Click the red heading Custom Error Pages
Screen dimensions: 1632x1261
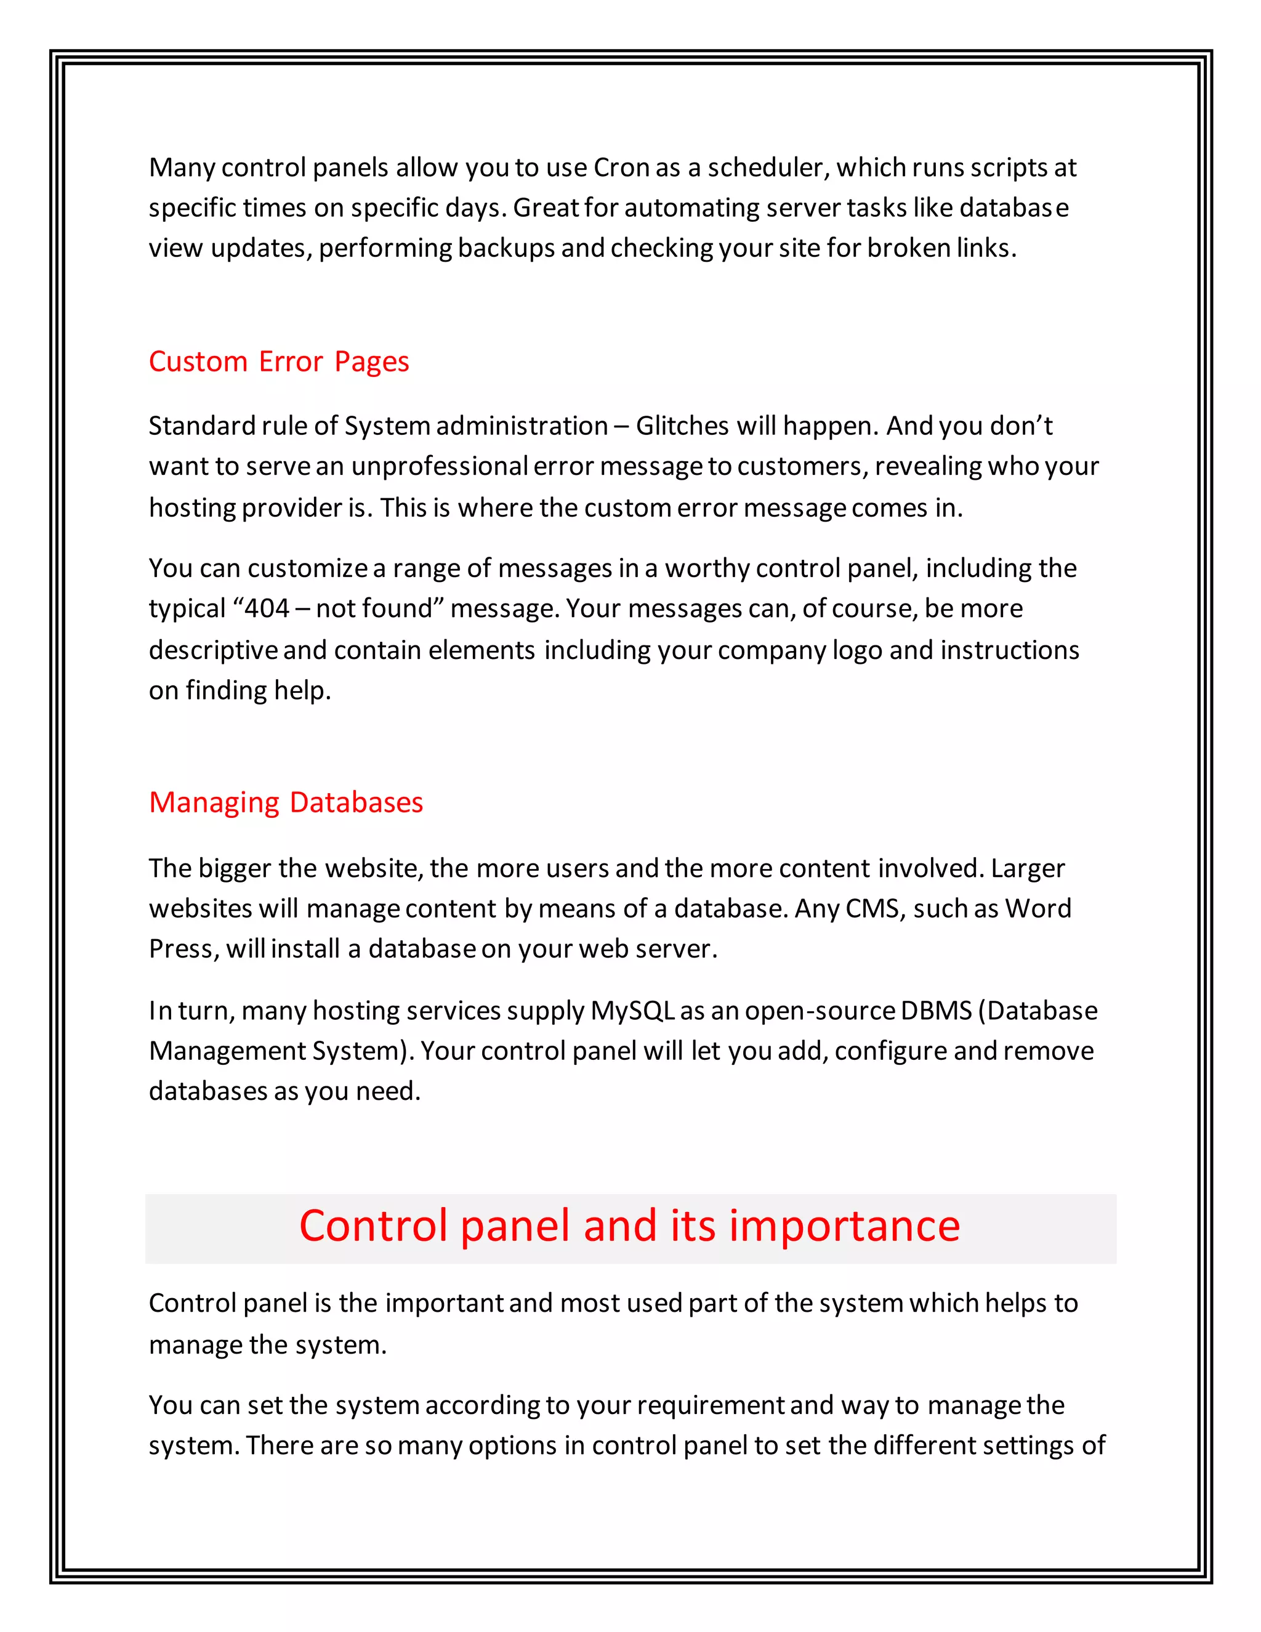tap(279, 362)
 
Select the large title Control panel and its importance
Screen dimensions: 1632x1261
tap(629, 1226)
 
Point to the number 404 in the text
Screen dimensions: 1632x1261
tap(267, 608)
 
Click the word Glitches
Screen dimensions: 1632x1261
tap(682, 426)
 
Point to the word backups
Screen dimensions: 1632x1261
tap(506, 248)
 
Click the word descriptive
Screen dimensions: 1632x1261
tap(213, 650)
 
